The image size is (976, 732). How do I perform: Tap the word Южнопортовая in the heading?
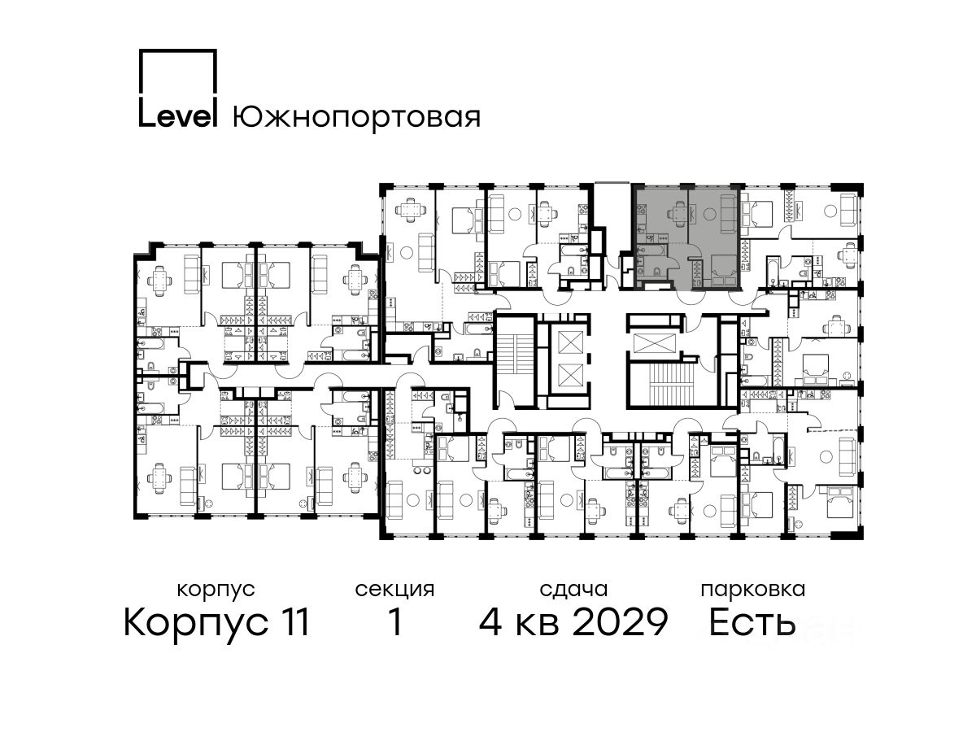click(x=356, y=118)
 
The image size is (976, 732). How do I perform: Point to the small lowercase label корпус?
click(x=216, y=590)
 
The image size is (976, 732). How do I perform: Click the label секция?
click(x=394, y=590)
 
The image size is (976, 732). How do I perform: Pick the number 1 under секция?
click(x=395, y=622)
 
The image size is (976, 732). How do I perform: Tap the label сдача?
click(x=573, y=590)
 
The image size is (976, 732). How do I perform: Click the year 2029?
click(x=621, y=622)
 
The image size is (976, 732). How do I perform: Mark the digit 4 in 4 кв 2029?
click(x=490, y=622)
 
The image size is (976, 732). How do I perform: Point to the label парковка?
click(x=753, y=590)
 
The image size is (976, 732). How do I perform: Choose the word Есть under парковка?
click(x=752, y=622)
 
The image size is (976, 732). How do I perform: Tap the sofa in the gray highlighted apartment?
click(x=728, y=215)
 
